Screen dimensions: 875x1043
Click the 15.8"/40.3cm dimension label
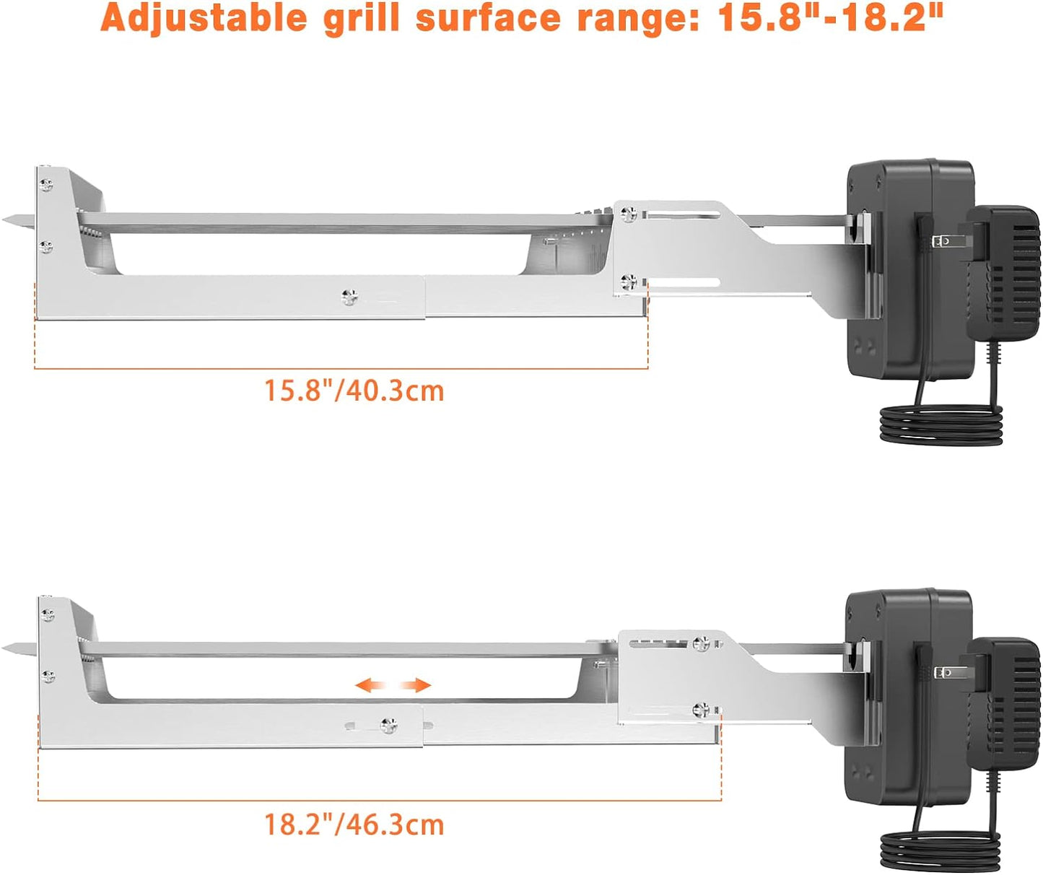tap(354, 391)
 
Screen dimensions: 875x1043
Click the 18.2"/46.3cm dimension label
tap(354, 824)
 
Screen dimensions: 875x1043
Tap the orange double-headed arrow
tap(393, 685)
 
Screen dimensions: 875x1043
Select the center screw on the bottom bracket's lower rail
tap(389, 725)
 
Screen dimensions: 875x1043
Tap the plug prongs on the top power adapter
tap(942, 240)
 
